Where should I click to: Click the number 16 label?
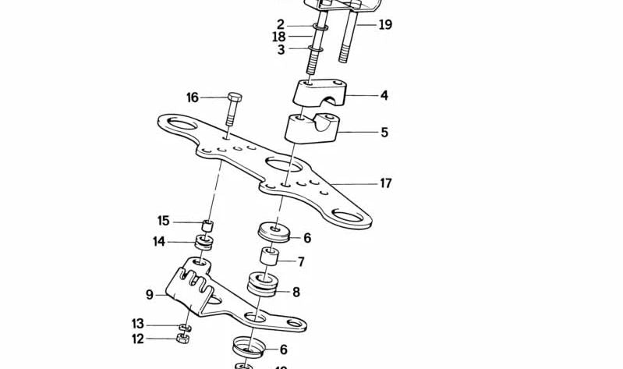pyautogui.click(x=193, y=98)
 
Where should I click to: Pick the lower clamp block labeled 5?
pyautogui.click(x=310, y=129)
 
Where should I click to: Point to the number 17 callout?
pyautogui.click(x=385, y=184)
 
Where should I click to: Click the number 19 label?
pyautogui.click(x=385, y=25)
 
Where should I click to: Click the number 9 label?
pyautogui.click(x=150, y=295)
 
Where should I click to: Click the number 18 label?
pyautogui.click(x=279, y=37)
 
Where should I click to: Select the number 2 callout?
pyautogui.click(x=281, y=24)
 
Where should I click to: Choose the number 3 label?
pyautogui.click(x=281, y=50)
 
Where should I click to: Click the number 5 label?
pyautogui.click(x=384, y=133)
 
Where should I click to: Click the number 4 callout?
pyautogui.click(x=384, y=96)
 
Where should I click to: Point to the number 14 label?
pyautogui.click(x=159, y=242)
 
